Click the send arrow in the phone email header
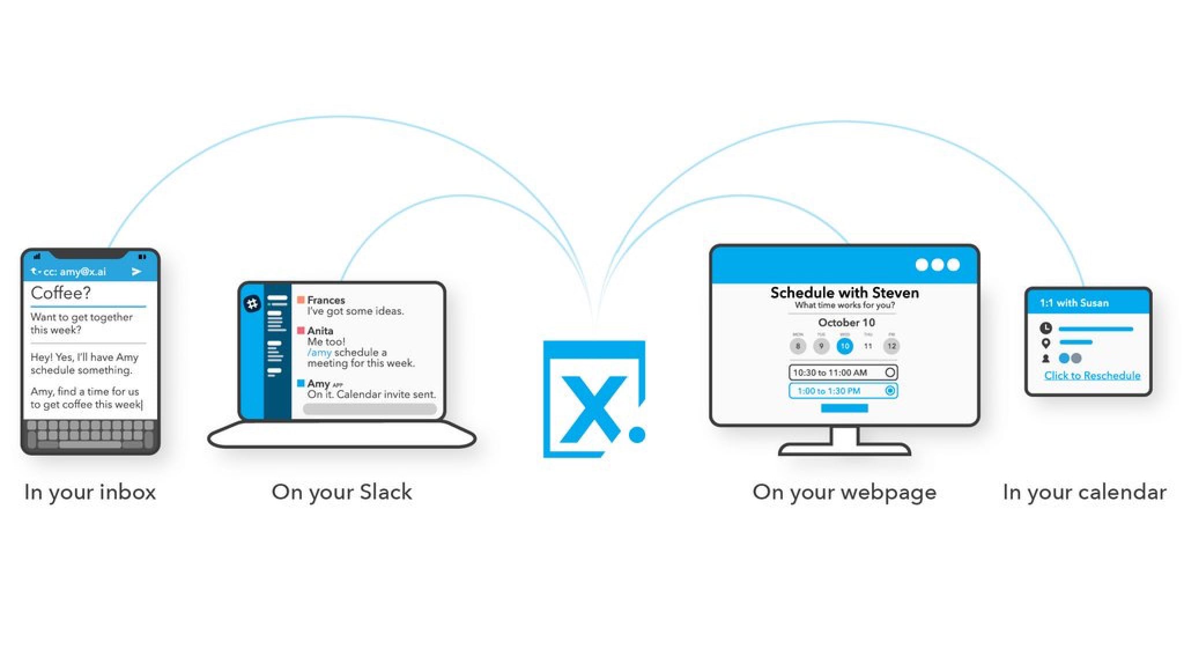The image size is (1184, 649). [136, 271]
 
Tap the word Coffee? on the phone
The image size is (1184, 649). [61, 293]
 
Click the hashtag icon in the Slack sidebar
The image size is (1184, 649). [252, 303]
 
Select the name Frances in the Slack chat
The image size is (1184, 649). [325, 300]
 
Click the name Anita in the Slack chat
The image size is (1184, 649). [320, 330]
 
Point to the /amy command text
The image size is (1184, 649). [319, 352]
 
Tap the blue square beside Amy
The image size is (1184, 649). [301, 383]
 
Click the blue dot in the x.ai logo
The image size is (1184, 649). [637, 434]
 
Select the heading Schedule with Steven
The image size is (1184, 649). [844, 293]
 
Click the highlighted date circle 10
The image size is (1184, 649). [845, 346]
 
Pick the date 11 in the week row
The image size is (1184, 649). [868, 346]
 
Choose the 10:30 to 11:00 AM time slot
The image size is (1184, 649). [843, 373]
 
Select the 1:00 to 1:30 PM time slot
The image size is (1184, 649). [843, 391]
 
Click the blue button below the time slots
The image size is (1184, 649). [844, 408]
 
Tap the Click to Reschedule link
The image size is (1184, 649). [1092, 375]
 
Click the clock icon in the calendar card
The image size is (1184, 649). [1046, 328]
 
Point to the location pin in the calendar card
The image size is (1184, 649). [1046, 343]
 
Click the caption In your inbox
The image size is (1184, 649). [90, 492]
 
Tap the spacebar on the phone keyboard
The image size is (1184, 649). [90, 445]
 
